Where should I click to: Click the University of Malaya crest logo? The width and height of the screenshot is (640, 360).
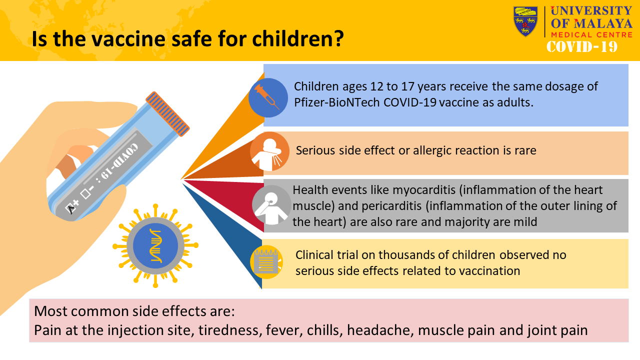(x=525, y=21)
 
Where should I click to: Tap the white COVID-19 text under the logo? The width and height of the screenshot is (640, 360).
(x=582, y=46)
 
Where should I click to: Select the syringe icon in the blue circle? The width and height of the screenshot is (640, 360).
(x=267, y=97)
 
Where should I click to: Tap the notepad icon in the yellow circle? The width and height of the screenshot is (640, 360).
(x=266, y=261)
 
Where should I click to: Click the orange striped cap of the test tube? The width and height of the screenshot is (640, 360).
(x=167, y=113)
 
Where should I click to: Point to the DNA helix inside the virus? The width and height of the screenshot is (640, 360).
(x=155, y=245)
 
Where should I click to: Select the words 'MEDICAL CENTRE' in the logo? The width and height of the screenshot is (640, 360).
(x=591, y=35)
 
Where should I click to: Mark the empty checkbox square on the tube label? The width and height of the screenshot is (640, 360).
(x=85, y=193)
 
